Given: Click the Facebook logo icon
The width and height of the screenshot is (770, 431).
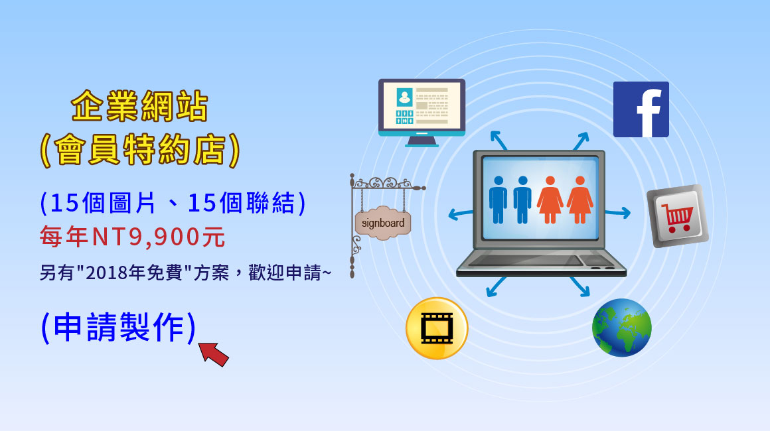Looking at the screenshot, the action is [641, 109].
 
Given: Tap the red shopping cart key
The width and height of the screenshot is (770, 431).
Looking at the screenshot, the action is [678, 215].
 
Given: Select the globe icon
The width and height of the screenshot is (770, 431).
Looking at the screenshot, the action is [622, 328].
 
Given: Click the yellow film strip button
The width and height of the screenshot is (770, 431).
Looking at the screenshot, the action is [437, 328].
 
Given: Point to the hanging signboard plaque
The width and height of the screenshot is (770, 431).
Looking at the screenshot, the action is [383, 223].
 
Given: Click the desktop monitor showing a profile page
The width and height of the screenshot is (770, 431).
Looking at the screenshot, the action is [422, 112].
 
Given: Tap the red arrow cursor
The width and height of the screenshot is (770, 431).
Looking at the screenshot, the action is [214, 353].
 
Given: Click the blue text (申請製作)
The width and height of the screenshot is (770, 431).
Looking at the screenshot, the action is [118, 327].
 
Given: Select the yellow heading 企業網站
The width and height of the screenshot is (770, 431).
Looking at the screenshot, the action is [139, 106].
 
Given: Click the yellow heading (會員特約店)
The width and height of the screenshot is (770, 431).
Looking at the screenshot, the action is [139, 150].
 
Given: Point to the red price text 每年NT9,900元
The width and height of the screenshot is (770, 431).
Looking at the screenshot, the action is [132, 237].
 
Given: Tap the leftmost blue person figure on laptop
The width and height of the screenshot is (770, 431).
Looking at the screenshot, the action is [497, 200].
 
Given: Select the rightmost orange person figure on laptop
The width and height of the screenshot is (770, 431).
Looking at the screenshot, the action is [580, 200].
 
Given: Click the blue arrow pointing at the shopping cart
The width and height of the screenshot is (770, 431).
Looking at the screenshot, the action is [618, 212].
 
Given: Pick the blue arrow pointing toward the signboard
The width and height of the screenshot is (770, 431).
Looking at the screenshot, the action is [461, 214].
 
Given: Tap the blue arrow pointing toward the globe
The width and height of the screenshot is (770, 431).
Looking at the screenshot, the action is [579, 287].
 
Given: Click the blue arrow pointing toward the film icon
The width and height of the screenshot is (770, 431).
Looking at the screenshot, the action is [496, 287].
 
